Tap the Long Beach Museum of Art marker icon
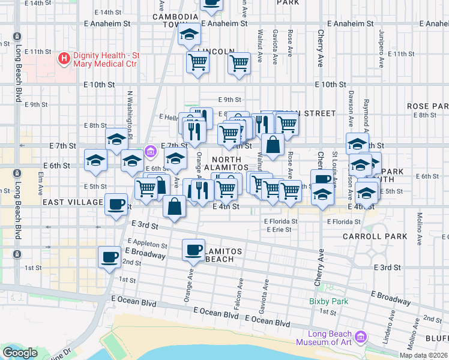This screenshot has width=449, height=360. [360, 338]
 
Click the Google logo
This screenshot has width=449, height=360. [20, 353]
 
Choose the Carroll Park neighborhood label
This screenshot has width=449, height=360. [367, 236]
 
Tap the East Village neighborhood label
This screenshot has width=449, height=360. [73, 202]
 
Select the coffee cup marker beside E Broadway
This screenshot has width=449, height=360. [109, 257]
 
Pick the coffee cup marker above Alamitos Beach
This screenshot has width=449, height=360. [193, 250]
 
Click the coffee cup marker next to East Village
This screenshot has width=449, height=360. [116, 204]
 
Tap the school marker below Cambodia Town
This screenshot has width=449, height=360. [189, 35]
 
